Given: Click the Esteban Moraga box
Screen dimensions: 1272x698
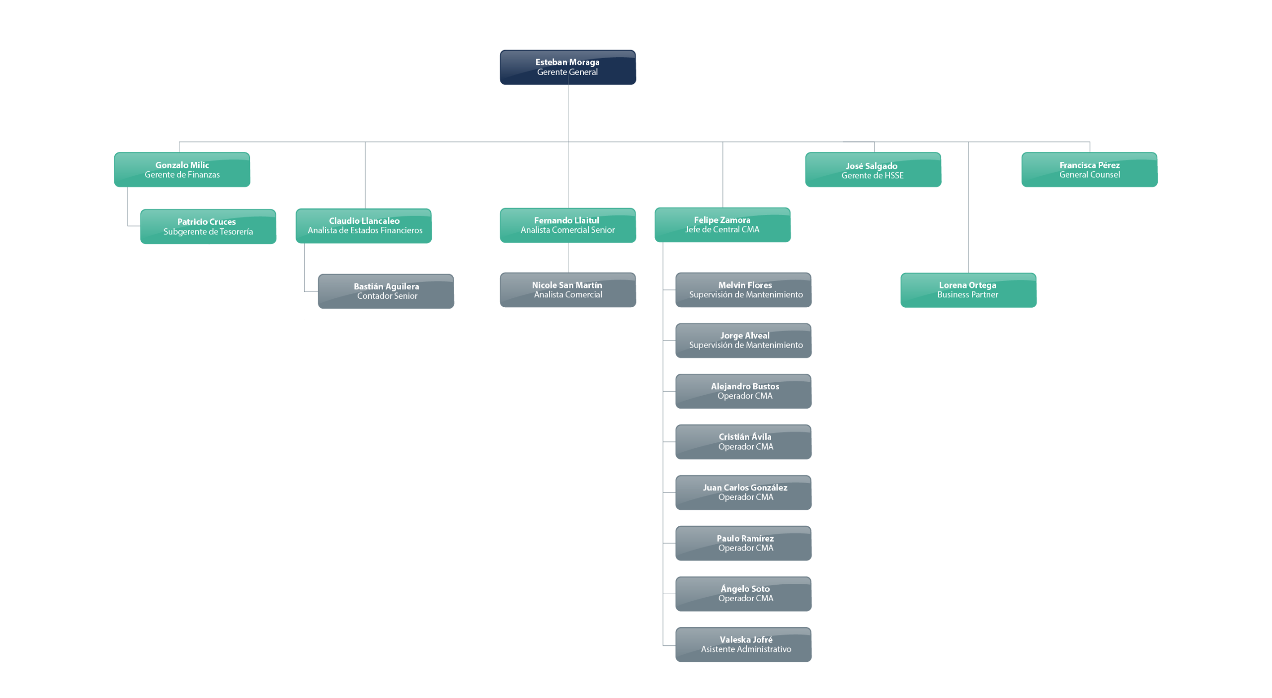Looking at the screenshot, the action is (x=567, y=67).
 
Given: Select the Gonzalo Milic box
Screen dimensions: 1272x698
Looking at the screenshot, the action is (x=182, y=170).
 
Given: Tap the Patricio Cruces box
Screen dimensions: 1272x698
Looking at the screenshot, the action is (x=208, y=226).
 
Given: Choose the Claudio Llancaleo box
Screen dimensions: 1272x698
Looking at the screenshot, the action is (x=363, y=226).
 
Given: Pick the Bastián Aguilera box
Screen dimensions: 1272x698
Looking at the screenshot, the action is (x=386, y=291).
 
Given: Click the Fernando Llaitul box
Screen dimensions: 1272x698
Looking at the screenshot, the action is (x=567, y=225).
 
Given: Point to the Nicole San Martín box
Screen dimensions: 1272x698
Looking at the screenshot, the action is (x=567, y=290).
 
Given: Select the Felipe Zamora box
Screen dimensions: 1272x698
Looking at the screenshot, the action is (x=722, y=225).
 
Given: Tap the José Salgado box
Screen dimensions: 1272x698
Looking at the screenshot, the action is (x=873, y=170).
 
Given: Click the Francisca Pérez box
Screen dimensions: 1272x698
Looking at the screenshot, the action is (x=1089, y=170).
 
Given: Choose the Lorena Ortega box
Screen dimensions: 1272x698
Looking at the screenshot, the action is (x=968, y=290).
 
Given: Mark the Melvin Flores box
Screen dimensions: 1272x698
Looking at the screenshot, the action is (x=743, y=290).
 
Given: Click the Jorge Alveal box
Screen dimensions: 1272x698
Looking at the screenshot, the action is (x=743, y=341).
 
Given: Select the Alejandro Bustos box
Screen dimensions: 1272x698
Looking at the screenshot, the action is (x=743, y=391).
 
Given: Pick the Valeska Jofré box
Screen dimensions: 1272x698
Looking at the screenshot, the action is (x=743, y=644).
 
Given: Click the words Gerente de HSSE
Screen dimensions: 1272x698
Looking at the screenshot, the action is (x=873, y=176).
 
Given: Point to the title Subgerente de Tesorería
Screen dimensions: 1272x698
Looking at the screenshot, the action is (x=208, y=232).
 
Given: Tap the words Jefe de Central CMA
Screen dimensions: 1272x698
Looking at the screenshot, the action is (x=722, y=230).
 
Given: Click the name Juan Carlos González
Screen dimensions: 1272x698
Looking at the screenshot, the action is (x=745, y=488).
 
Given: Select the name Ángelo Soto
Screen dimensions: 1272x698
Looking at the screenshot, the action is (x=745, y=589).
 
